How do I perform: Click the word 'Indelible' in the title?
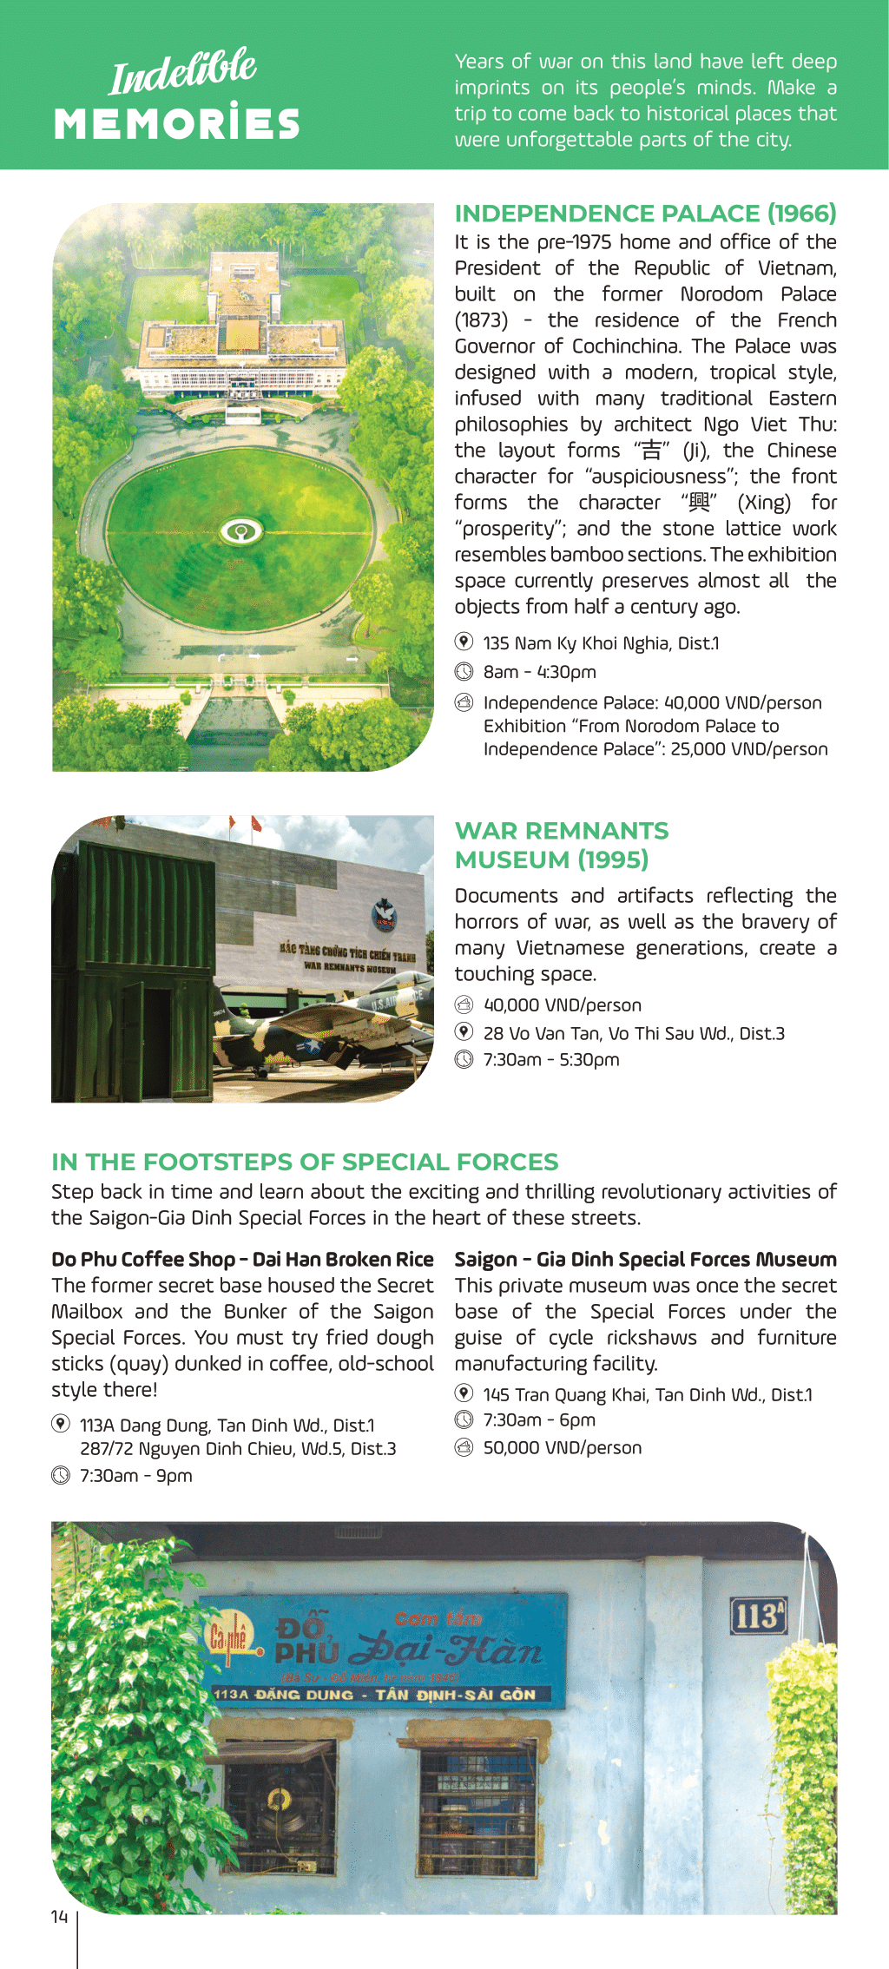(183, 71)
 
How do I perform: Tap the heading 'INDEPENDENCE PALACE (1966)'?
(645, 214)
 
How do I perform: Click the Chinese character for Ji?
(651, 451)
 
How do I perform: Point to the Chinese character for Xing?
(699, 503)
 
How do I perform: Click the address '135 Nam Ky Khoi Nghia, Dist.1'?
(601, 643)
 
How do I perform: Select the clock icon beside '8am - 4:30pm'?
(464, 672)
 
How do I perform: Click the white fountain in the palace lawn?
(241, 530)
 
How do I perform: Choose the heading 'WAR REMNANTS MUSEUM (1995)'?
(561, 845)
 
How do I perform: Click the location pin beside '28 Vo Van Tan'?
(464, 1032)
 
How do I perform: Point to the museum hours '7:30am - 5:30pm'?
(551, 1060)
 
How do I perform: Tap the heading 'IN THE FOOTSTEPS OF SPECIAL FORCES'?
(305, 1162)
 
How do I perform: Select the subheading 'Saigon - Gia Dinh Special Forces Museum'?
(645, 1260)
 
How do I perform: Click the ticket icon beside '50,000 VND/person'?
(464, 1447)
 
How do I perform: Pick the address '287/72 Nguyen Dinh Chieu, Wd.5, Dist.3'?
(238, 1449)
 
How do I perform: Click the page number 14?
(59, 1916)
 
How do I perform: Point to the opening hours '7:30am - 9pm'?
(136, 1476)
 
